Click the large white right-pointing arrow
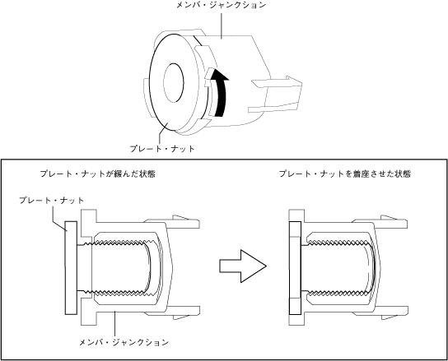click(x=243, y=266)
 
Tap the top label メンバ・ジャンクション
click(x=221, y=5)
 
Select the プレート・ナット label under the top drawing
click(x=162, y=148)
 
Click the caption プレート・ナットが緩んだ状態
click(x=98, y=174)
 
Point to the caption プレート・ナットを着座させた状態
click(x=345, y=174)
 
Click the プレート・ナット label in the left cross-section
click(x=52, y=200)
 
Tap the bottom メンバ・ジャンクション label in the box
click(x=124, y=342)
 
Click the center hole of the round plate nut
click(x=174, y=83)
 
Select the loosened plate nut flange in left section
click(x=71, y=268)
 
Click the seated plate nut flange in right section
click(x=295, y=268)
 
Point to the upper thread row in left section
click(x=117, y=243)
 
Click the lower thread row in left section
click(x=117, y=292)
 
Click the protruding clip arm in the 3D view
click(x=276, y=95)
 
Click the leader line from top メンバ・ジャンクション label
click(x=222, y=24)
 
